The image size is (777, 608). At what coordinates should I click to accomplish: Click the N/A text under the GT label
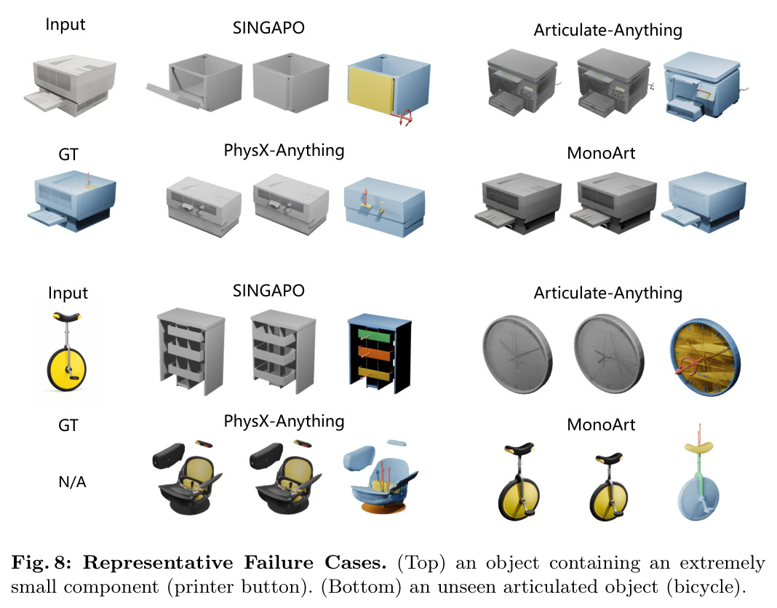click(x=72, y=481)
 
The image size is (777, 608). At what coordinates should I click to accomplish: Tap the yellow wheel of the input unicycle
click(x=67, y=369)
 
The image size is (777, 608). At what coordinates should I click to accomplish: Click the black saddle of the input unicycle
click(x=67, y=317)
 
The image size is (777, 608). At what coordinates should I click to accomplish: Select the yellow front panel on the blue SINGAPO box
click(x=371, y=90)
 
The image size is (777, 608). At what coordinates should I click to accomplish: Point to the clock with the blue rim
click(x=705, y=357)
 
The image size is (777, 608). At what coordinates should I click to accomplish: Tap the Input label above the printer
click(x=65, y=25)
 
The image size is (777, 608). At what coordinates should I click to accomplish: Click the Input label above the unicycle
click(x=68, y=293)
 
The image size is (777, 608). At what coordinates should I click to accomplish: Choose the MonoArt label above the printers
click(x=601, y=153)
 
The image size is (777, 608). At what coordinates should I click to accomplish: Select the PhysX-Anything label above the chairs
click(x=284, y=421)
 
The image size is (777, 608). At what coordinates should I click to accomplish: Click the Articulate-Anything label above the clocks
click(x=608, y=293)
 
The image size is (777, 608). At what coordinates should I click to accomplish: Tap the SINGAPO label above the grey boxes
click(x=268, y=28)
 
